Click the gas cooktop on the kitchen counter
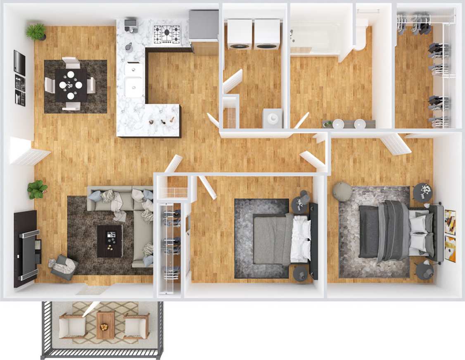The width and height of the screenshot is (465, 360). click(167, 34)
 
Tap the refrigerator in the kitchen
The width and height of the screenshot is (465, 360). click(204, 26)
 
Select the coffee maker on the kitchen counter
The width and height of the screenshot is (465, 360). click(130, 24)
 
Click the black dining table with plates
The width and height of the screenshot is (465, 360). click(71, 85)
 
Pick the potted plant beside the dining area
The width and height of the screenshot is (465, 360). click(36, 32)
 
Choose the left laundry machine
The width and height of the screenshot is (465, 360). click(240, 34)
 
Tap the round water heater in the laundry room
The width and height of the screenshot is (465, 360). click(273, 118)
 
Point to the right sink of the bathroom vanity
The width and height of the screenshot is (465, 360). click(360, 123)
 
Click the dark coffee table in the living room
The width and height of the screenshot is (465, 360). click(109, 241)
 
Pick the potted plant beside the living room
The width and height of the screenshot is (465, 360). click(38, 190)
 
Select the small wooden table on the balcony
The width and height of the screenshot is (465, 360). click(105, 325)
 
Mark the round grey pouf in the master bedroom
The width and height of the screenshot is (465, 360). click(342, 192)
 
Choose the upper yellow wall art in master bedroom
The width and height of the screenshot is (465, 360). click(450, 222)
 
